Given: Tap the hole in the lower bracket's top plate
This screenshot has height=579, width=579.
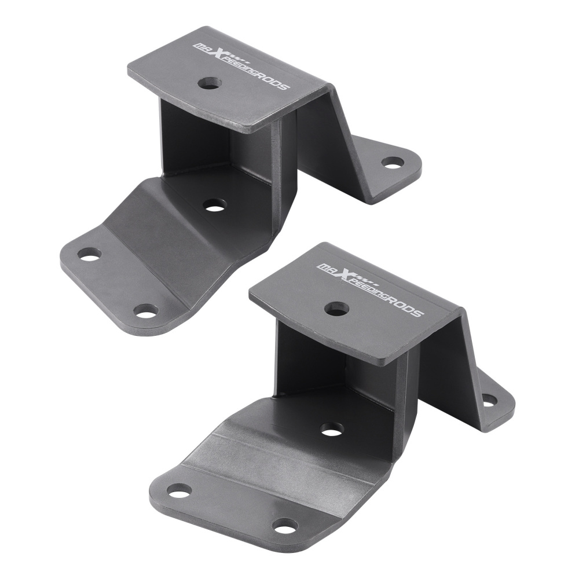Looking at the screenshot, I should [x=336, y=308].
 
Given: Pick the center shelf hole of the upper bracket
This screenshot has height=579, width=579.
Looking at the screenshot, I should [x=215, y=205].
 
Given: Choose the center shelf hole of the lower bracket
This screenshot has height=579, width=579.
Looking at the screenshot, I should [x=331, y=430].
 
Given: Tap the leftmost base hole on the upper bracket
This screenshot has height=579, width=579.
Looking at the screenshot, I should [x=89, y=254].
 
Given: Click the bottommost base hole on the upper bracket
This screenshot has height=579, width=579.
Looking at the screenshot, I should [x=145, y=311].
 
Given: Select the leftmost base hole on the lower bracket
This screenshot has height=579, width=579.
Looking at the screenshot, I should [x=179, y=490].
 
